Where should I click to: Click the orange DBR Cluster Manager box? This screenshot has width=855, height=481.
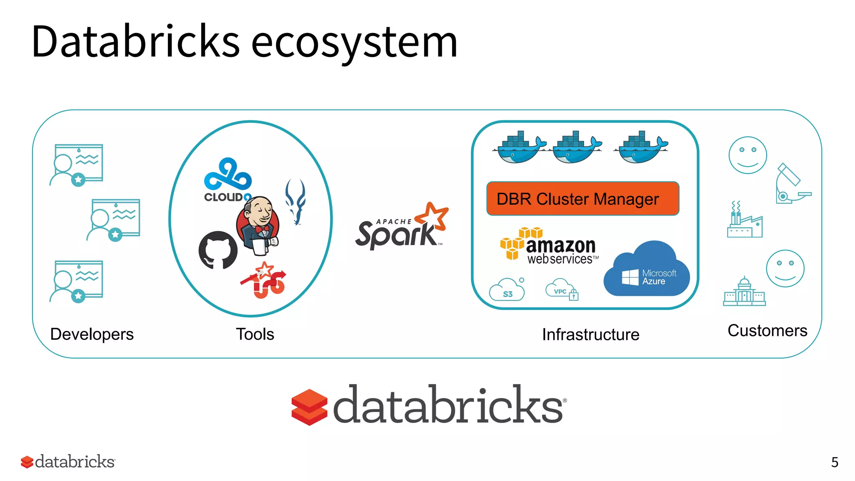coord(582,199)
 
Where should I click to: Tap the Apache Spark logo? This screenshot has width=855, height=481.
coord(401,228)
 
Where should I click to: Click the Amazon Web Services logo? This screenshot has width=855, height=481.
coord(549,247)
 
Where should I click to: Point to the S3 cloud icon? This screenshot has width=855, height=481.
coord(507,290)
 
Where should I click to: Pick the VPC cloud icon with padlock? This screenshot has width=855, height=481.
coord(562,289)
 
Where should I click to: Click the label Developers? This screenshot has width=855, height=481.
coord(92,334)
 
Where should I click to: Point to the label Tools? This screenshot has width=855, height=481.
coord(255,334)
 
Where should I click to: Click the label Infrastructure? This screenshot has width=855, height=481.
coord(590,334)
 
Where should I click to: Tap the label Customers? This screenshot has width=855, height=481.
coord(767,330)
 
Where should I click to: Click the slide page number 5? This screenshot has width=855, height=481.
coord(835,462)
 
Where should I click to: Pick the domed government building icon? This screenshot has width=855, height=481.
coord(744,292)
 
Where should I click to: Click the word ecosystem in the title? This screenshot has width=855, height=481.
coord(354,42)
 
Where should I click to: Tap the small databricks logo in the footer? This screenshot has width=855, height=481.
coord(68,462)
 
